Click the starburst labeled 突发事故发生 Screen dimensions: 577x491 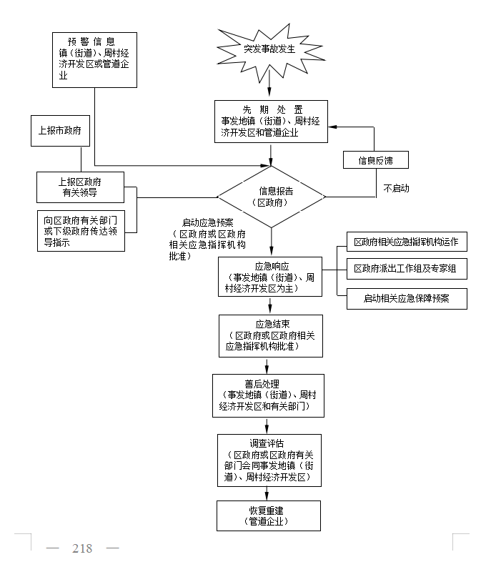click(269, 49)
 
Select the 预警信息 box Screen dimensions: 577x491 click(94, 59)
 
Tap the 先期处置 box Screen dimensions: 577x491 click(271, 121)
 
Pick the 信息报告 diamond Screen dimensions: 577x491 click(271, 197)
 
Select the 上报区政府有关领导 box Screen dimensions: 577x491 click(79, 187)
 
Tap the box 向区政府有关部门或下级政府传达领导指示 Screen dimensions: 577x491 click(80, 231)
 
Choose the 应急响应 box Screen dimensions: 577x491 click(270, 277)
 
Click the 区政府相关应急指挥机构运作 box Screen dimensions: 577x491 click(405, 242)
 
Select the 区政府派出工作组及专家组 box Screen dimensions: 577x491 click(405, 270)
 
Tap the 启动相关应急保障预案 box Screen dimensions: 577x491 click(405, 298)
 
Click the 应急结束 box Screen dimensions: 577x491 click(270, 335)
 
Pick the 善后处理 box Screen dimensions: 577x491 click(268, 395)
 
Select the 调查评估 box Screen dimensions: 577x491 click(269, 460)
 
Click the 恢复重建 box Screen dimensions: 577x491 click(269, 516)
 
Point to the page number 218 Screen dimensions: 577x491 click(82, 548)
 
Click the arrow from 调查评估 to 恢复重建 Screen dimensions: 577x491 click(269, 493)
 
